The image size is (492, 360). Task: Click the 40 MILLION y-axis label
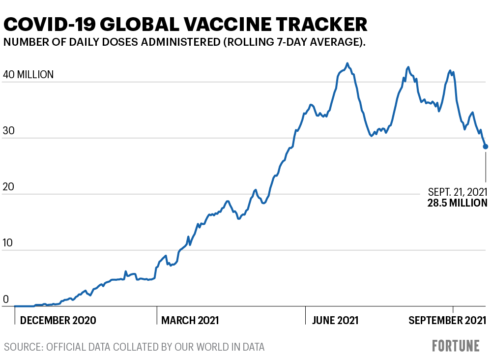pyautogui.click(x=29, y=75)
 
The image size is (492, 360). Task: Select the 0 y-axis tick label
pyautogui.click(x=6, y=299)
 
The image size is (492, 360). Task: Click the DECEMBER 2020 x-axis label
pyautogui.click(x=58, y=321)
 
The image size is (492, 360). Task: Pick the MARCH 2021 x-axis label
pyautogui.click(x=190, y=321)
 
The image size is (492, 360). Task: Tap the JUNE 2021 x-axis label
pyautogui.click(x=335, y=321)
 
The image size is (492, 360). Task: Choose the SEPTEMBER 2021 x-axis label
pyautogui.click(x=448, y=321)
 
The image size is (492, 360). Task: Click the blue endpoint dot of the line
pyautogui.click(x=486, y=147)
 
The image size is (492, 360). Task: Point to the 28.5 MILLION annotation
pyautogui.click(x=458, y=203)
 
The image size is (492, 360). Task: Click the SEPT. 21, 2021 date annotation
pyautogui.click(x=458, y=191)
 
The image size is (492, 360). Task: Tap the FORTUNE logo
pyautogui.click(x=456, y=346)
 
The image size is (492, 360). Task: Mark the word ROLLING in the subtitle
pyautogui.click(x=248, y=42)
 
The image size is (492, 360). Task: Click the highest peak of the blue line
pyautogui.click(x=347, y=63)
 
